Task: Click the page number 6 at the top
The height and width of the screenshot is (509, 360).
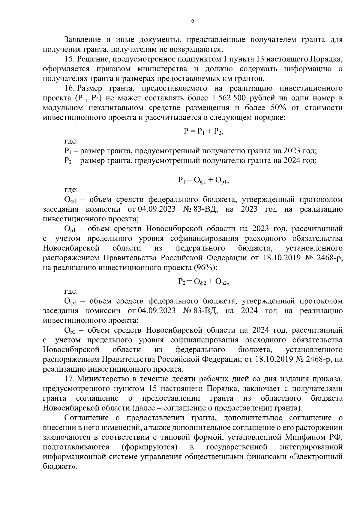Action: tap(193, 21)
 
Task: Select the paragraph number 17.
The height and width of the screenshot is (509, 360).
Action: tap(69, 379)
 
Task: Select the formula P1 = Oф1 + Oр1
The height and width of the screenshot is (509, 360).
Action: tap(203, 180)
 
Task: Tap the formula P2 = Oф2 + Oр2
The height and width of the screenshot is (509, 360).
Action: tap(203, 282)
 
